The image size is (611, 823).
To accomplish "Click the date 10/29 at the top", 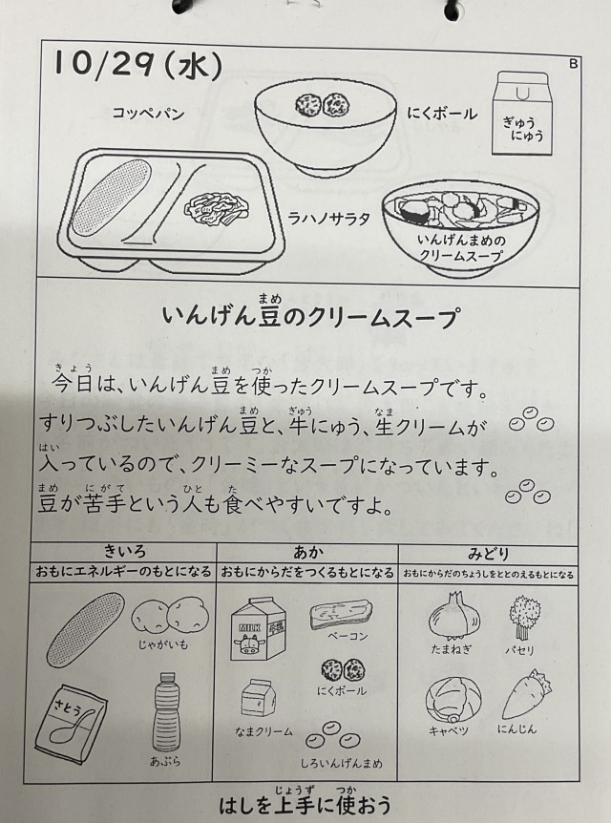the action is point(104,64).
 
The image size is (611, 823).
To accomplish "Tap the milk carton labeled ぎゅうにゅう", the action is point(522,114).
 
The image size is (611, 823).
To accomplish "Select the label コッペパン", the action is point(149,114).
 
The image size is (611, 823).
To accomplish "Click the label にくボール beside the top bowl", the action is point(442,114).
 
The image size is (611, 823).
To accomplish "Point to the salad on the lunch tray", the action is point(217,209).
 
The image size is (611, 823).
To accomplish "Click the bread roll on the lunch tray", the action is point(112,197).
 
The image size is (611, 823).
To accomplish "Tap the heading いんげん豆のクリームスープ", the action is point(309,317).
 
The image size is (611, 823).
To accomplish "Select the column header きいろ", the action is point(124,551).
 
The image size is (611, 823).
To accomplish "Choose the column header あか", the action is point(307,552).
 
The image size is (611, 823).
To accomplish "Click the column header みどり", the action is point(488,554).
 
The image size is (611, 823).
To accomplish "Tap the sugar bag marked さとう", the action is point(71,724).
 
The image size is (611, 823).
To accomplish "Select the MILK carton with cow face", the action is point(259,628).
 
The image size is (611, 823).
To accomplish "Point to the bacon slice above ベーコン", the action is point(341,614).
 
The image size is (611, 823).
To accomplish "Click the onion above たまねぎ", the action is point(454,615).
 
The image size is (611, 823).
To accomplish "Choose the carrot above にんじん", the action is point(526,694).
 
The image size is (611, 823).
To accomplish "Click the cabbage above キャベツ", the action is point(453,699).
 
